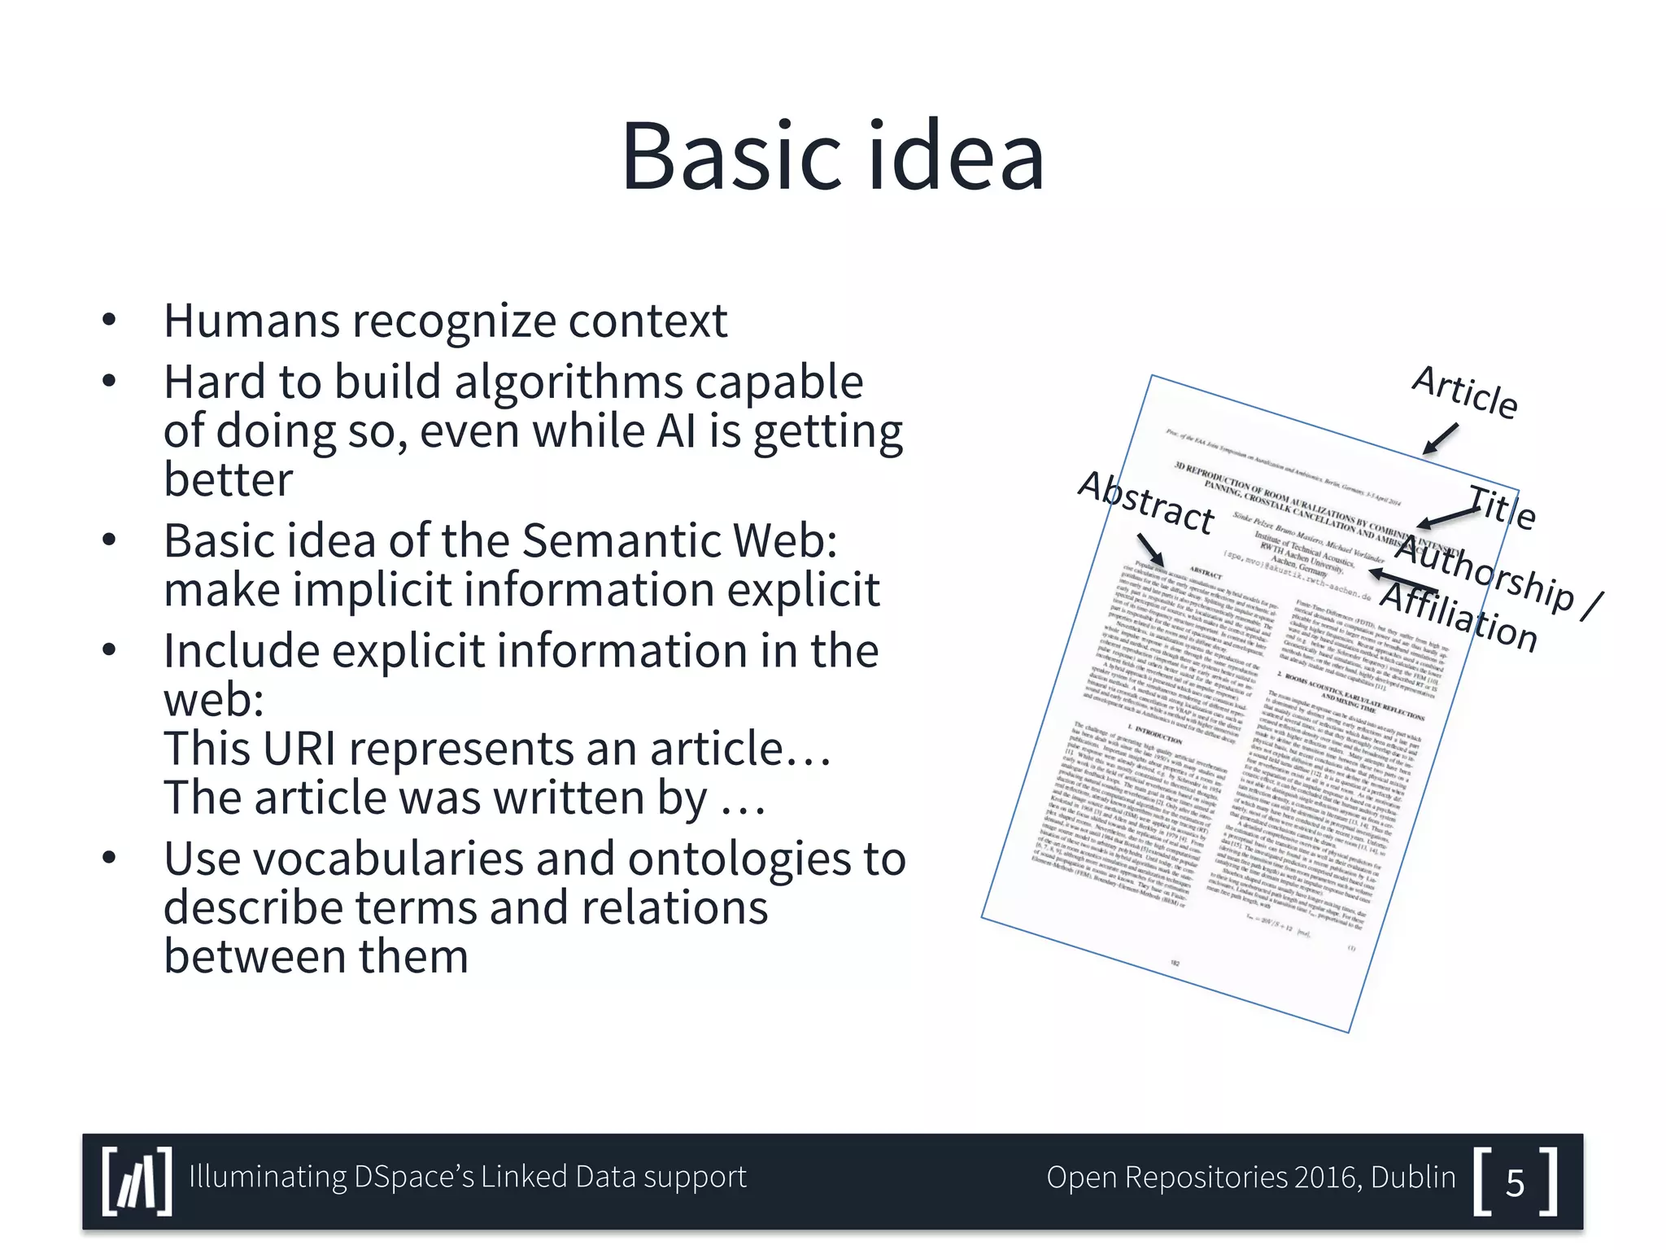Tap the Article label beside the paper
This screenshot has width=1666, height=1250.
click(1464, 392)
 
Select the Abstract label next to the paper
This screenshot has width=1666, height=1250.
click(1145, 503)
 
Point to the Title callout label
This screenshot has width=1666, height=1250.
click(1502, 506)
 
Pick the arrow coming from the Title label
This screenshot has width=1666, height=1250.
click(1446, 517)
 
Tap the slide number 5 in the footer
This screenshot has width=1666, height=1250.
click(1515, 1182)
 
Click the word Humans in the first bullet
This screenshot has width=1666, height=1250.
click(251, 321)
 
